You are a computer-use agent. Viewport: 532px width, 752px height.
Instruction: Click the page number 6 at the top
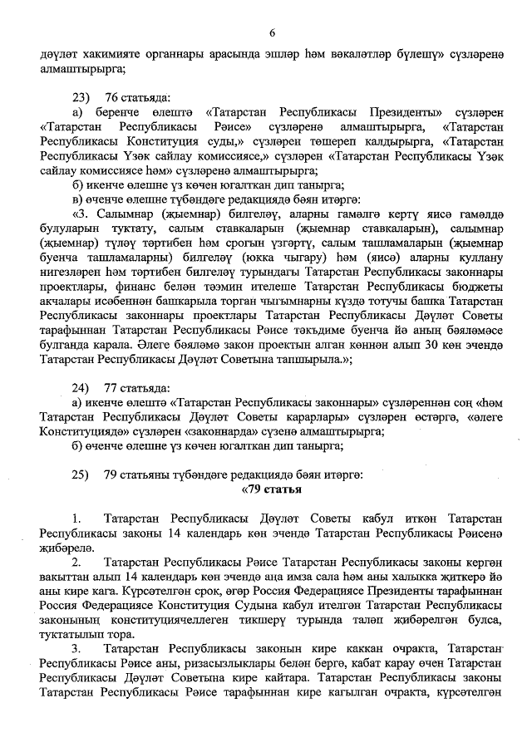click(x=271, y=32)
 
